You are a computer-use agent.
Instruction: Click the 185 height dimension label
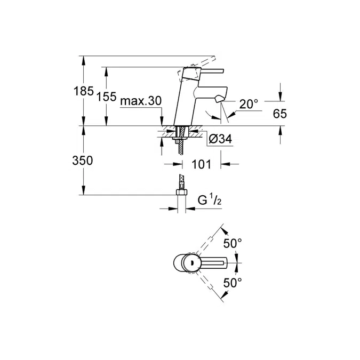[83, 91]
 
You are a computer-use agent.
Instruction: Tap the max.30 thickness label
[141, 101]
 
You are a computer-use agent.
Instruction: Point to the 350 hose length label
[83, 161]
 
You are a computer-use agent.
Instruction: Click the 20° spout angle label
[249, 104]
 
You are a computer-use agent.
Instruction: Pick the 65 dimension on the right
[281, 113]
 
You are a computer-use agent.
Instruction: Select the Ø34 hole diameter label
[219, 139]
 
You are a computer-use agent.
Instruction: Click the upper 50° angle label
[233, 243]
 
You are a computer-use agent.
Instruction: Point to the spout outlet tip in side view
[220, 100]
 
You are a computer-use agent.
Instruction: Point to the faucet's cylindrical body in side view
[184, 101]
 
